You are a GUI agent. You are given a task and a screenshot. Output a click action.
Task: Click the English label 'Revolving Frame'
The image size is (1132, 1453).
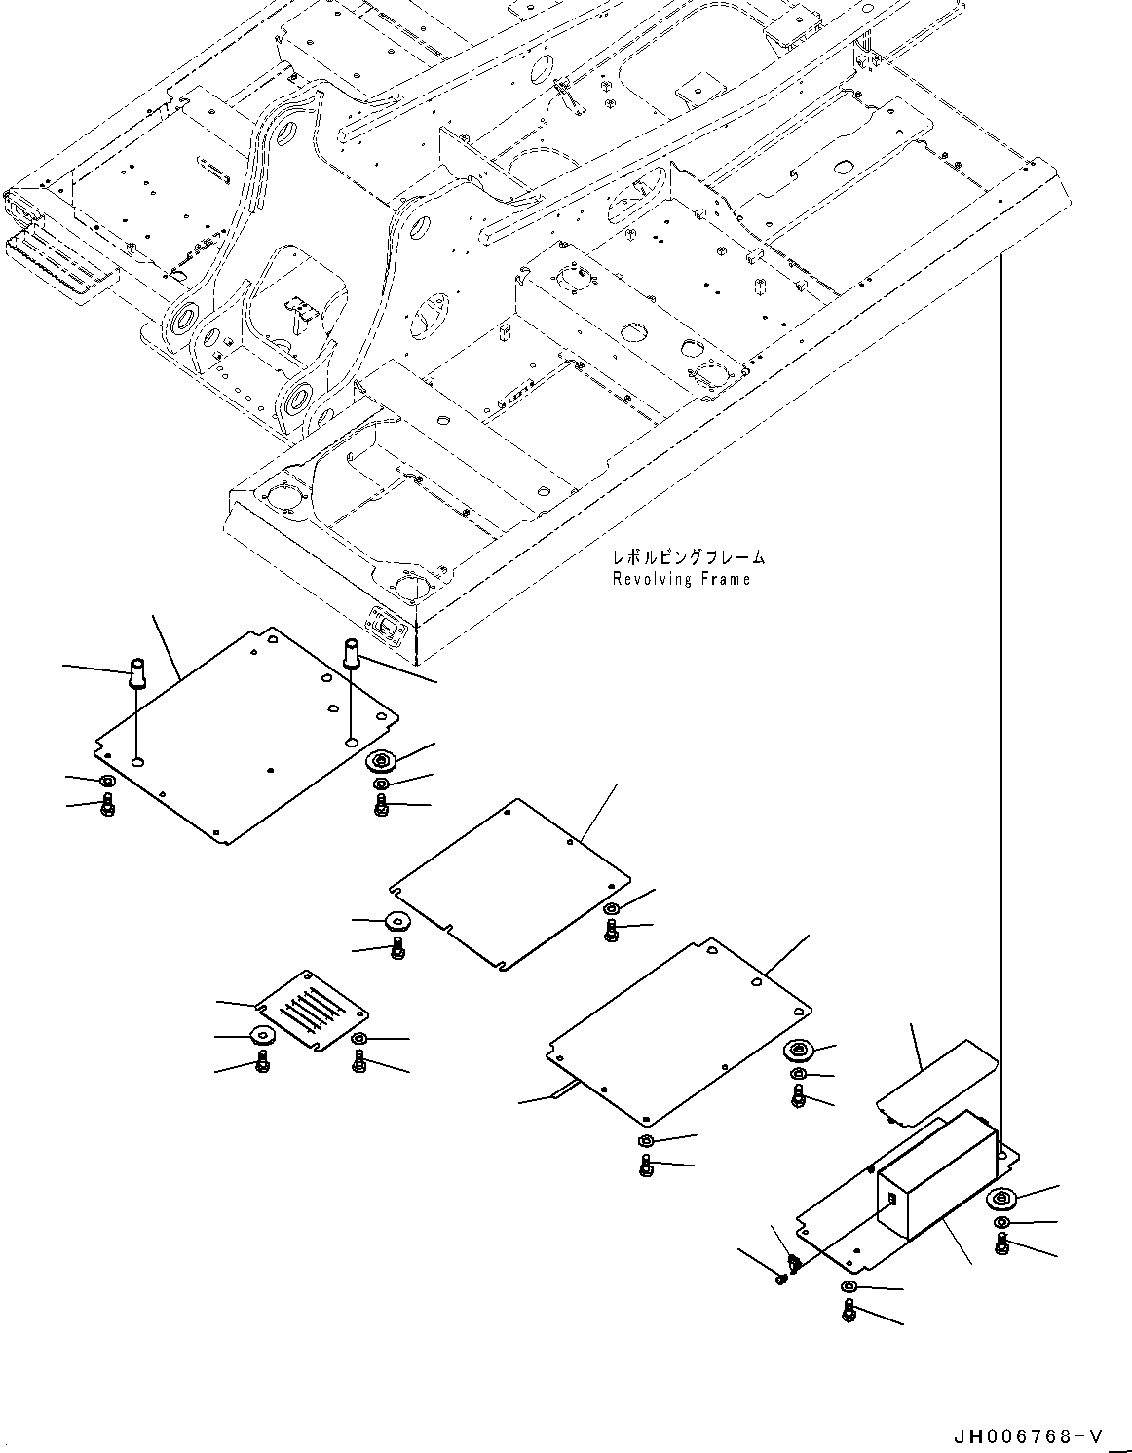click(681, 580)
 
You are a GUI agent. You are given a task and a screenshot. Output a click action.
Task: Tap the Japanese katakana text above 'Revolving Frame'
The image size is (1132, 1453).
click(688, 558)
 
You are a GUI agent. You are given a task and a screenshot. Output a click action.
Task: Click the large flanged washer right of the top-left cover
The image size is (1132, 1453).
click(380, 761)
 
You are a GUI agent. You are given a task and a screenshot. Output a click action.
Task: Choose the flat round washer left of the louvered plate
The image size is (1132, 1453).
click(261, 1036)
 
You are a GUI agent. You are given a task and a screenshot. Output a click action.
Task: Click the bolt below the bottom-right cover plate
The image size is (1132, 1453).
click(849, 1311)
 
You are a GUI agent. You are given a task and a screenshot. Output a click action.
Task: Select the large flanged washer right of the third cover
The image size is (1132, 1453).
click(799, 1051)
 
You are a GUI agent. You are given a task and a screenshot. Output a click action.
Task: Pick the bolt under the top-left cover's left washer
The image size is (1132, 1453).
click(107, 805)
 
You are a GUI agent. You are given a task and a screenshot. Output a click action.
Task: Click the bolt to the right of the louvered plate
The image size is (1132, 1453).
click(360, 1059)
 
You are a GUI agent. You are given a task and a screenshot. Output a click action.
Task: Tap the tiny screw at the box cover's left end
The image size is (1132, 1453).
click(780, 1278)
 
